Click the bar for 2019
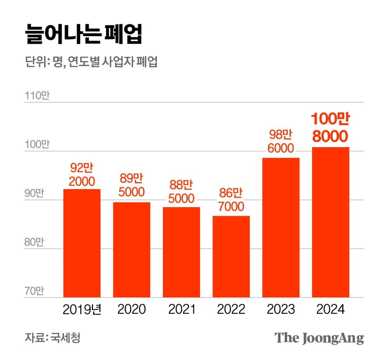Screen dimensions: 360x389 82,243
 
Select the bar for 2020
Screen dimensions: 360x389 131,250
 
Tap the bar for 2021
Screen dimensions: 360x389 181,252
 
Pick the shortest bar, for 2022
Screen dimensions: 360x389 231,256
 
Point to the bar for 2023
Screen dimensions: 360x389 281,228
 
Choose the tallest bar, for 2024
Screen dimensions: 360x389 331,222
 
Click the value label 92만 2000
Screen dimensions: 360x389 82,175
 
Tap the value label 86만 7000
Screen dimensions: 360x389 231,199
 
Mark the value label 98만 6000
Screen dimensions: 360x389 281,141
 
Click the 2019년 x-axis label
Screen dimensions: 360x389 82,309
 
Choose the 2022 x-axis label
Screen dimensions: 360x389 231,309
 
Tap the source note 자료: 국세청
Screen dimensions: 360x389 53,337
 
